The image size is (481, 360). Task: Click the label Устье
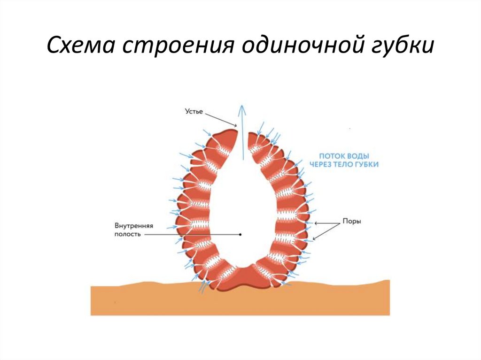click(193, 111)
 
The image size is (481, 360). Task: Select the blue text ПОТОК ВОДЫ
click(344, 155)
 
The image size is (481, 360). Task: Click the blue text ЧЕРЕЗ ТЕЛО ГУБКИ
click(344, 164)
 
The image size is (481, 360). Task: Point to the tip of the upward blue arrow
click(242, 106)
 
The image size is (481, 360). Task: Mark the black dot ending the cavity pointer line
click(240, 234)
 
